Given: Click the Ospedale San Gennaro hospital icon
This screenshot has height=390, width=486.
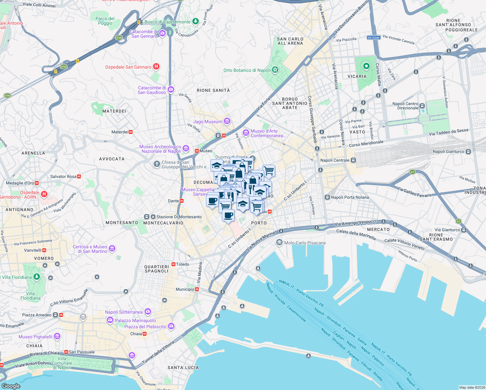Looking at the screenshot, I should click(x=156, y=67).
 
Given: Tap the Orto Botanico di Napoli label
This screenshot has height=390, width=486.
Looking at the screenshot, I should click(x=247, y=70).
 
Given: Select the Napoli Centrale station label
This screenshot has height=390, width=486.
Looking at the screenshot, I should click(x=335, y=160).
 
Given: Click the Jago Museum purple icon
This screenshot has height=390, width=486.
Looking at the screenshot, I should click(x=227, y=122).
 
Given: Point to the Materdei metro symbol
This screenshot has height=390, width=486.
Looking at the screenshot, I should click(x=131, y=132).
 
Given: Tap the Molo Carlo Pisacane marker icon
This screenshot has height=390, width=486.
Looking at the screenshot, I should click(x=279, y=242).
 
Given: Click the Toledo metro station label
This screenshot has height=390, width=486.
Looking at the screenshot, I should click(x=183, y=264).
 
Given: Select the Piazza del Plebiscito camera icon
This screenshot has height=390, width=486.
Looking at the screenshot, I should click(x=171, y=326).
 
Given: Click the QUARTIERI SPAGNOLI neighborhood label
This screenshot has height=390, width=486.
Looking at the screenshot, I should click(x=157, y=269).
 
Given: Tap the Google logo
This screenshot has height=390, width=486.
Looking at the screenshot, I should click(x=11, y=386).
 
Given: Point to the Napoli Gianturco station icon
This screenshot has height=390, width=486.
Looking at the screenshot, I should click(x=468, y=151).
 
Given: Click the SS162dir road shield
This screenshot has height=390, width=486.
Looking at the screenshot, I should click(x=374, y=38).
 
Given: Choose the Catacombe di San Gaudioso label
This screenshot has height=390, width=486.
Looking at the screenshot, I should click(x=152, y=90).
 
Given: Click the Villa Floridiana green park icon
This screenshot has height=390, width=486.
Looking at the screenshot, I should click(x=37, y=277).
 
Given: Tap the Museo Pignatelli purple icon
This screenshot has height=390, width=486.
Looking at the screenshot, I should click(x=57, y=336).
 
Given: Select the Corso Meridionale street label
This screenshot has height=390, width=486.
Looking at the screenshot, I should click(x=366, y=144).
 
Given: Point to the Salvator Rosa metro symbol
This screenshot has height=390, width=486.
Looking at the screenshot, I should click(x=79, y=176).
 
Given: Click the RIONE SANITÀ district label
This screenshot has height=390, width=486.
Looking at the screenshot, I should click(x=213, y=90).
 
